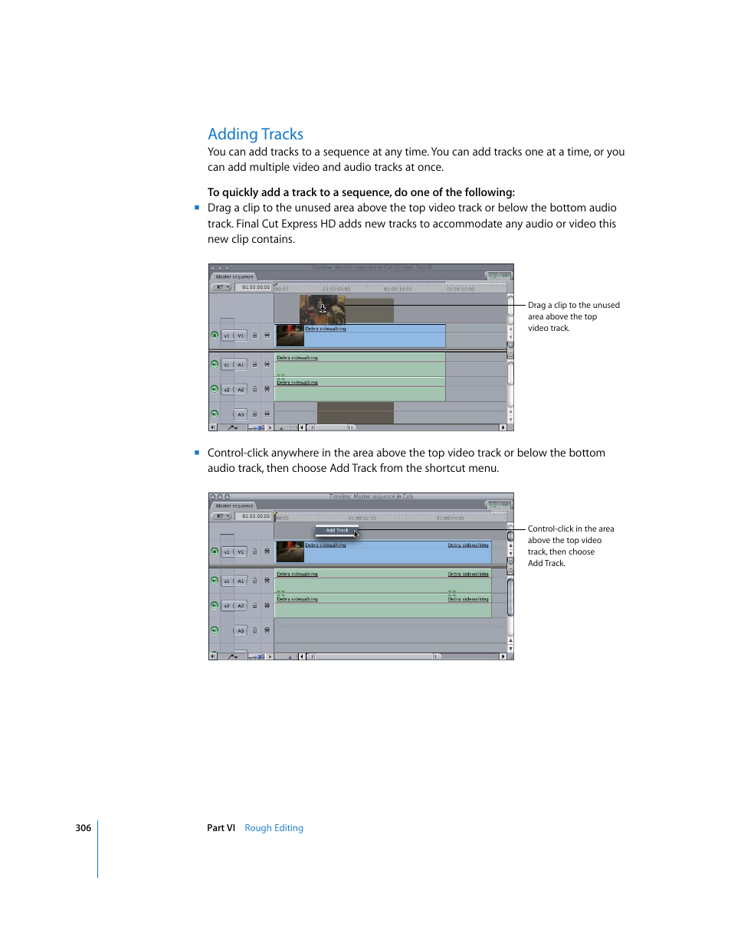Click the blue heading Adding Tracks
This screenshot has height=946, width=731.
tap(255, 134)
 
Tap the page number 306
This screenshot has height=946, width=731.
tap(83, 828)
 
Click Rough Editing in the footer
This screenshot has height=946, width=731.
tap(274, 828)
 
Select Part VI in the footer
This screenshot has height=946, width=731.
tap(221, 828)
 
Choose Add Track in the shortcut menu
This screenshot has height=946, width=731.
tap(336, 530)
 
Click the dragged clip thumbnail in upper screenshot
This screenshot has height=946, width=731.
tap(322, 309)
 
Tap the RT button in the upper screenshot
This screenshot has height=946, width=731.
tap(221, 287)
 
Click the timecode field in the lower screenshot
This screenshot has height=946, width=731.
tap(255, 516)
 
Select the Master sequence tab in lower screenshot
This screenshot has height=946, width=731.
tap(234, 506)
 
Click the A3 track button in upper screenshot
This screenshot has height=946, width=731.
tap(241, 414)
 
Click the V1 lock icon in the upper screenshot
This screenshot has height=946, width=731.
tap(255, 336)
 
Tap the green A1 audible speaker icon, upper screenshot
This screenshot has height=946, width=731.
tap(215, 365)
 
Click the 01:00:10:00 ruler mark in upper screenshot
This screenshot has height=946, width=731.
tap(398, 289)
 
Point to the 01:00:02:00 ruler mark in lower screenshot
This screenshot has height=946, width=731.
tap(362, 518)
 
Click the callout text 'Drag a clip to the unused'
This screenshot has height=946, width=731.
tap(573, 305)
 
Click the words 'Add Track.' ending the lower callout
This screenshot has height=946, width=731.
tap(546, 563)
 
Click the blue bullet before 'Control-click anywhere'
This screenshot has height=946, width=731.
tap(197, 453)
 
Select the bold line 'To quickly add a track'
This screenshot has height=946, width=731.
tap(361, 192)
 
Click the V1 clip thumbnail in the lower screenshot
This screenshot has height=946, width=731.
tap(290, 552)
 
